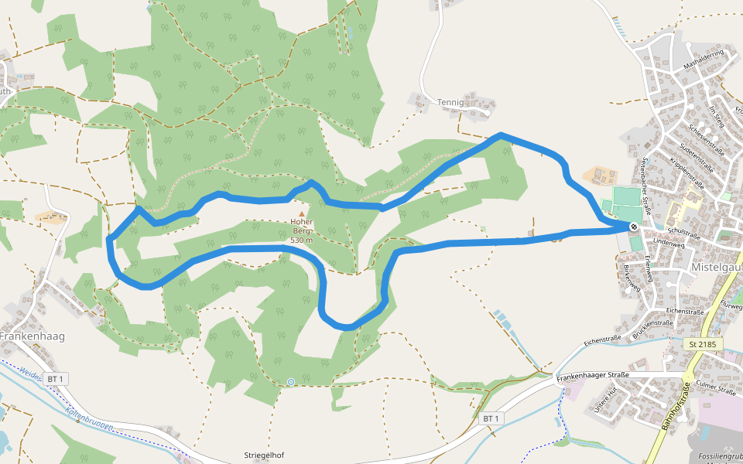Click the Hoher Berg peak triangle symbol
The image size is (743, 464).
click(x=302, y=213)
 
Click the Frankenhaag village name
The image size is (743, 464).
click(x=33, y=336)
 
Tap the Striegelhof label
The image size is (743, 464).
click(x=264, y=455)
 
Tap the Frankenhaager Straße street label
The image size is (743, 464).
click(x=593, y=376)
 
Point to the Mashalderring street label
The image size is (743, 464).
click(x=703, y=60)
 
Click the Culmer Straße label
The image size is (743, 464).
click(x=716, y=388)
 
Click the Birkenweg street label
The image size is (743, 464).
click(x=632, y=278)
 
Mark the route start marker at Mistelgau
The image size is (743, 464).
click(x=634, y=227)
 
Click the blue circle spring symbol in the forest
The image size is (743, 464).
click(x=290, y=381)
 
